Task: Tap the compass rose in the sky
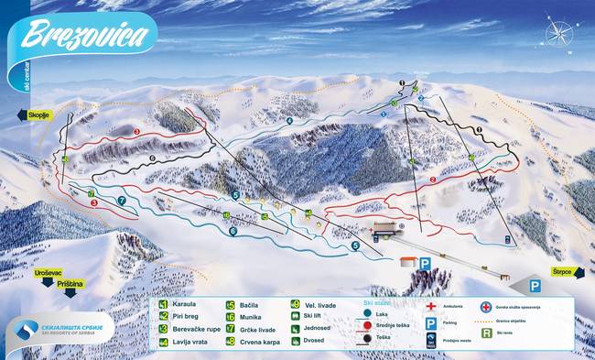[x=557, y=34]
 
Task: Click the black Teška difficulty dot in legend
[x=367, y=337]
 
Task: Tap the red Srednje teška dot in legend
[x=367, y=324]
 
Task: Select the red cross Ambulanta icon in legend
[x=431, y=305]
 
